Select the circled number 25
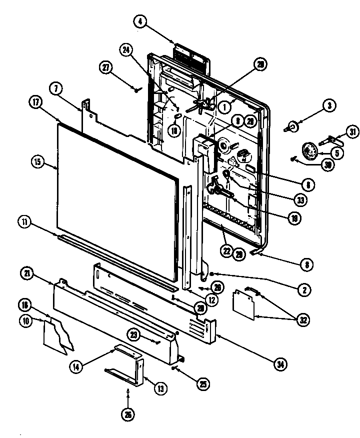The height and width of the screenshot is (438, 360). tap(203, 384)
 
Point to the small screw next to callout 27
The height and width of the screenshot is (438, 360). tap(136, 90)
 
